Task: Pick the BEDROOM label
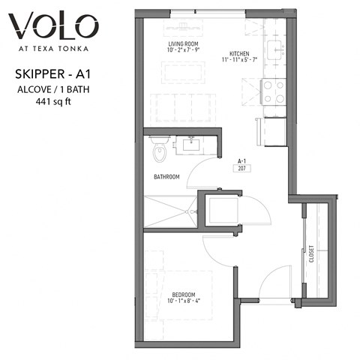(x=184, y=294)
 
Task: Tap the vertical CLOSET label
(x=309, y=256)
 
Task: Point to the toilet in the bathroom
(x=159, y=152)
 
